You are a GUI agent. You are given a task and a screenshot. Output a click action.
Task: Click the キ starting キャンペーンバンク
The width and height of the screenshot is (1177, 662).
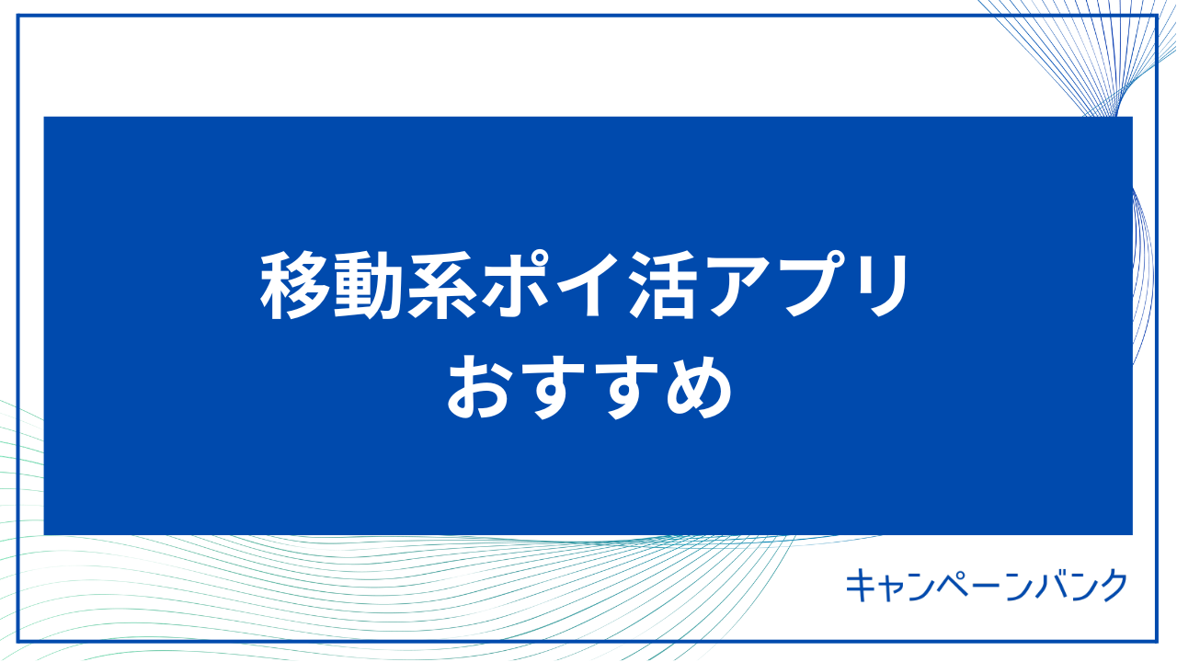point(862,585)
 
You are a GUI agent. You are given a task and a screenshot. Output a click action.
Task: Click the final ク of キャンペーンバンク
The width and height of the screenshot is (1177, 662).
point(1114,585)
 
